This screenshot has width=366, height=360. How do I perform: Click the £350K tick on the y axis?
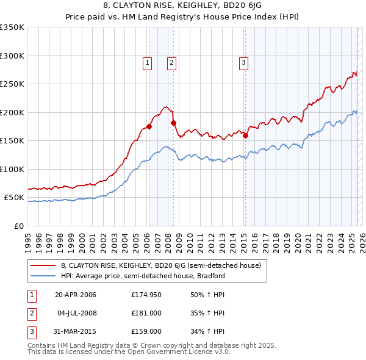point(12,27)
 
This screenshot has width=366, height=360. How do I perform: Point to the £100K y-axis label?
point(12,169)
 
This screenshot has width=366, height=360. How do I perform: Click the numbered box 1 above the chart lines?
point(148,62)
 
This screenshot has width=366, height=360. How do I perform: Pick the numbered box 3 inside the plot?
point(243,62)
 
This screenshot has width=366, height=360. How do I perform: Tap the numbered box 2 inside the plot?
point(172,62)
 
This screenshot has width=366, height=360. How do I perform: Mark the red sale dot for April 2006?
point(149,127)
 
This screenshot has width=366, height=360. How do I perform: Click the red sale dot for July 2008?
point(173,123)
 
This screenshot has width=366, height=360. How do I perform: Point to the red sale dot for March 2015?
point(245,135)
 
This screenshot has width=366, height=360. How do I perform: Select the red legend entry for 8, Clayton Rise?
point(160,265)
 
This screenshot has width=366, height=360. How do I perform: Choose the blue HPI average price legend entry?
point(143,276)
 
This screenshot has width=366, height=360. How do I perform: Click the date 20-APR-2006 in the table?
point(76,295)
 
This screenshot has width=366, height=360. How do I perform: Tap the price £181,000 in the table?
point(146,313)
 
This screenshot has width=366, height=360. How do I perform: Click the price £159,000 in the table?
point(146,331)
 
